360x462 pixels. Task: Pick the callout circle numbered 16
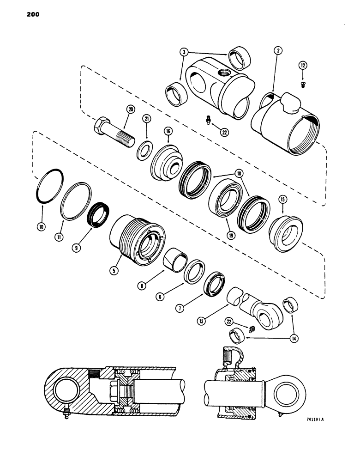point(168,132)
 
